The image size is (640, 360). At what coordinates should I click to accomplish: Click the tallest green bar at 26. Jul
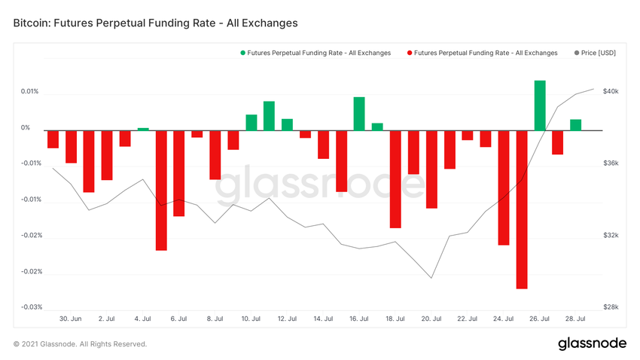[540, 105]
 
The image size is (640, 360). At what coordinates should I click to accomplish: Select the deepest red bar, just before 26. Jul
[522, 209]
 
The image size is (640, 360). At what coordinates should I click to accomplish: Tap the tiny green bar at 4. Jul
[143, 129]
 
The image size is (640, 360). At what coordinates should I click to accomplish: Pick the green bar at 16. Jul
[359, 114]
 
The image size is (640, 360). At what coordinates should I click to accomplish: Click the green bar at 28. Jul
[575, 125]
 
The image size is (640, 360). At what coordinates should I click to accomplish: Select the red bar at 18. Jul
[395, 179]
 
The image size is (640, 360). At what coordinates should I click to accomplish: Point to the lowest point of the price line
[431, 278]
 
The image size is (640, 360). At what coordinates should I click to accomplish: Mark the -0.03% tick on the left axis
[30, 307]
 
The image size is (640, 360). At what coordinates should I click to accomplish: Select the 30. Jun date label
[70, 319]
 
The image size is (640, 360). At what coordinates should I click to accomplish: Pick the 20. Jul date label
[431, 319]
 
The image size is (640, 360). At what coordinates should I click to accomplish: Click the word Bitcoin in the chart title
[31, 23]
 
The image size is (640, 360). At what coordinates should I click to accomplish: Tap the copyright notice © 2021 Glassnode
[80, 344]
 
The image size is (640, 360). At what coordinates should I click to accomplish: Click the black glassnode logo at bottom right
[592, 343]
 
